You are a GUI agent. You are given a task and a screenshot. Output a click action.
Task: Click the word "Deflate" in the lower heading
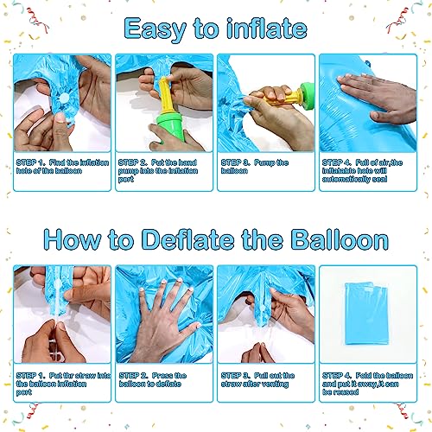pos(188,239)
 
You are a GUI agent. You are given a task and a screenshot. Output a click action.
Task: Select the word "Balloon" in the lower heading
pos(340,239)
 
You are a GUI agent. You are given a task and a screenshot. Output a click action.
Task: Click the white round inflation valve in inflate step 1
pos(64,98)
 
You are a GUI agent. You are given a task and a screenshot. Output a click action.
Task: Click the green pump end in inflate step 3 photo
pos(307,93)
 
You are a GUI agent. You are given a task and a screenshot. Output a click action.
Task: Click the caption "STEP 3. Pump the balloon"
pos(255,167)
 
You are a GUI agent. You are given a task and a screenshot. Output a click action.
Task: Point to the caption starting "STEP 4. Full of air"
pos(362,171)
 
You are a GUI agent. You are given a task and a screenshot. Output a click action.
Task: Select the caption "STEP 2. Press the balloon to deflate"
pos(153,379)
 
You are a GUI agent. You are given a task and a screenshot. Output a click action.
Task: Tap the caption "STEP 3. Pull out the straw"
pos(257,379)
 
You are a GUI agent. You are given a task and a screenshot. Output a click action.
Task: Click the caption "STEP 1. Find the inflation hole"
pos(62,167)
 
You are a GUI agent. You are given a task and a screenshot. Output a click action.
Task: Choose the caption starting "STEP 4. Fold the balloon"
pos(367,384)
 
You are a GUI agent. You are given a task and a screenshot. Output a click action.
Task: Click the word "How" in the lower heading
pos(73,239)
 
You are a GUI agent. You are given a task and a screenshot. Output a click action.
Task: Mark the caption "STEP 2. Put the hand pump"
pos(158,171)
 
